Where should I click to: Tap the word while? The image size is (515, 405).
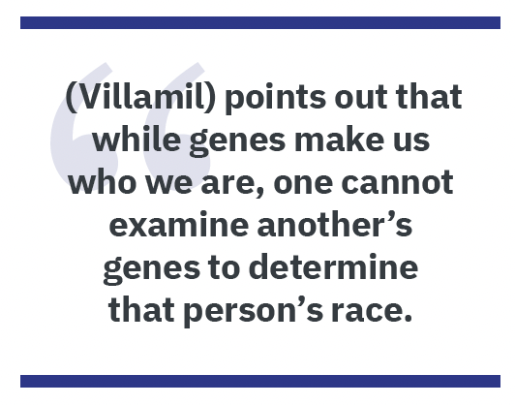(x=136, y=140)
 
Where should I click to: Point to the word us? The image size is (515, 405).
(x=411, y=142)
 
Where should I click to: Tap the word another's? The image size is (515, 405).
(x=334, y=224)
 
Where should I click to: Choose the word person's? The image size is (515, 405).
(x=253, y=310)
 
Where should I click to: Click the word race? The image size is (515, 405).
(x=372, y=312)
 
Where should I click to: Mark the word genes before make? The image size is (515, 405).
(x=237, y=142)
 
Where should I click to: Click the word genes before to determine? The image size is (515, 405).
(x=151, y=270)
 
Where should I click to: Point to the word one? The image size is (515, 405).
(x=303, y=184)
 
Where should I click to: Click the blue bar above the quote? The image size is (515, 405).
(x=260, y=22)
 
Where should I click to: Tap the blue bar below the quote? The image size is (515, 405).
(x=260, y=381)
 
